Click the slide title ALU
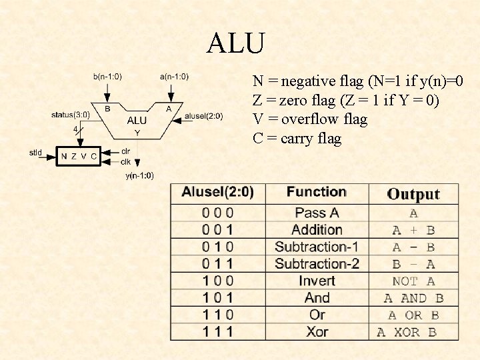[x=236, y=44]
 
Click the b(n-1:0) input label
[x=107, y=77]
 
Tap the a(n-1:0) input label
[x=174, y=77]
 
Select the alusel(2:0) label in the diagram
[x=203, y=115]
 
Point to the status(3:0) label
[x=70, y=115]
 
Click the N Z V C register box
[x=79, y=156]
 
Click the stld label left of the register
[x=35, y=153]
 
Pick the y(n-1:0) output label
[x=139, y=175]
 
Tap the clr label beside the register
[x=125, y=151]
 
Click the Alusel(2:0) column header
[x=217, y=193]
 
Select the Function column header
[x=317, y=192]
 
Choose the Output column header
[x=413, y=194]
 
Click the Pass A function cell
[x=317, y=213]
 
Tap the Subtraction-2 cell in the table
[x=317, y=264]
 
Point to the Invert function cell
[x=317, y=281]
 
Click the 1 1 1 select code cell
[x=217, y=331]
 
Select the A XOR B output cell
[x=407, y=332]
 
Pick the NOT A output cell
[x=413, y=281]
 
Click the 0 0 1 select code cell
[x=217, y=230]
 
